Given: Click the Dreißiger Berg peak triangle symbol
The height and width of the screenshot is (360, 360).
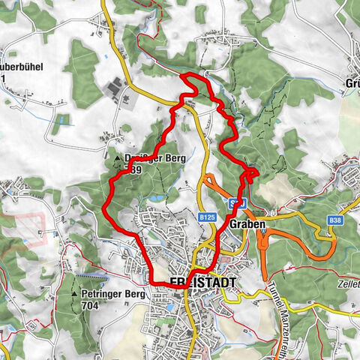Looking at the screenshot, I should point(118,160).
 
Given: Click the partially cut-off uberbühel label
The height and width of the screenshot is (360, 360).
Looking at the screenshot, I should point(22,66).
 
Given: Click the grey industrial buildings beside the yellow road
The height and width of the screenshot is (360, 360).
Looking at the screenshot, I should point(115,89).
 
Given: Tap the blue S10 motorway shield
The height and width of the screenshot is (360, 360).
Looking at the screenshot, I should point(238,203).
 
